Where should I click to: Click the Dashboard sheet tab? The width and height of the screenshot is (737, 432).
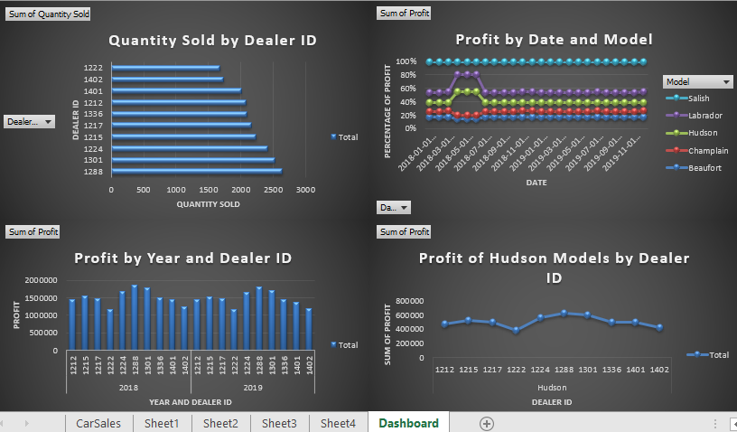point(408,423)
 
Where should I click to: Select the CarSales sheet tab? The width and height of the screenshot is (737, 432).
point(99,423)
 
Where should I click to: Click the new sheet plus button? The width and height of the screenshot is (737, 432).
point(487,423)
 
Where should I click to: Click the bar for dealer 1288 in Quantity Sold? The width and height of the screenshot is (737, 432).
point(197,171)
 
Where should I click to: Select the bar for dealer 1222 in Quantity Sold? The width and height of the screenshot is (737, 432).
point(165,68)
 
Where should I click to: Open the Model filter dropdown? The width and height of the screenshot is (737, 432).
point(726,81)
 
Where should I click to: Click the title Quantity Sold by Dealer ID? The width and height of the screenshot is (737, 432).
point(212,41)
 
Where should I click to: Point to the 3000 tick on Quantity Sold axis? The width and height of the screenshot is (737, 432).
point(305,190)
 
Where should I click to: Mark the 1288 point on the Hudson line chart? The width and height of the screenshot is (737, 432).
point(564,313)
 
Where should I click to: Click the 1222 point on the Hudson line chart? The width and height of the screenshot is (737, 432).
point(517,330)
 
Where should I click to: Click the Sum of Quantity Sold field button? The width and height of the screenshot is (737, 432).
point(49,14)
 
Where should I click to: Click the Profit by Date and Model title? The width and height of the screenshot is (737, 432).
point(554,40)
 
